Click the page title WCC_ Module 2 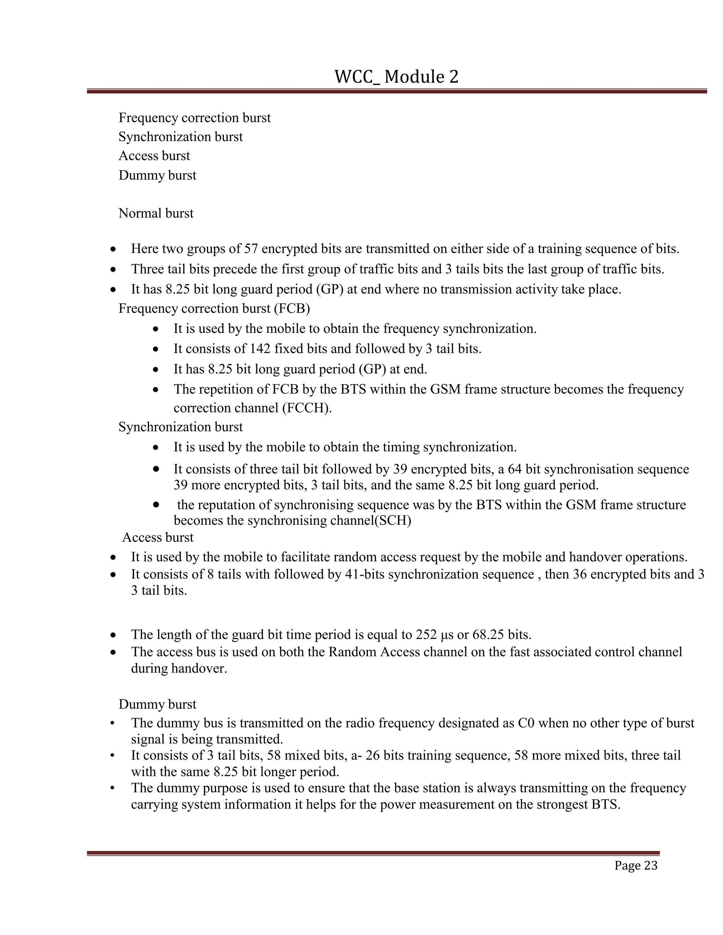coord(396,77)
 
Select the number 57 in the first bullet coord(251,249)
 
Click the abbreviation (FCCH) coord(307,408)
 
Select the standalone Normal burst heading coord(156,213)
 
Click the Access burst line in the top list coord(154,156)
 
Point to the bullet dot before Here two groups coord(113,249)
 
